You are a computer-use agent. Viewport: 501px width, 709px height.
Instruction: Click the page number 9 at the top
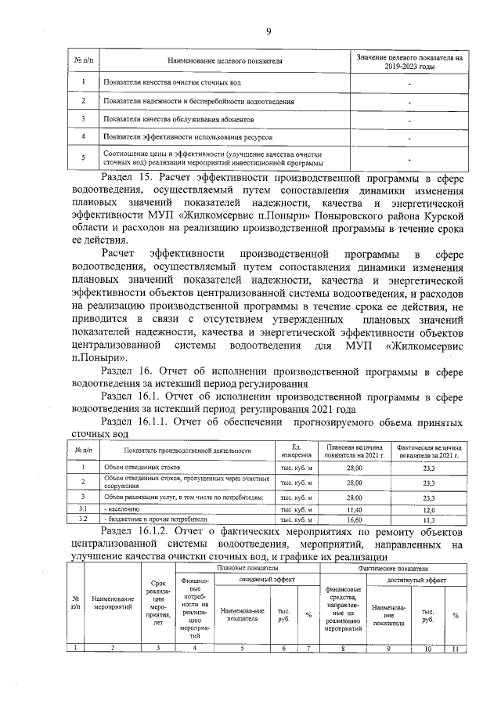point(268,31)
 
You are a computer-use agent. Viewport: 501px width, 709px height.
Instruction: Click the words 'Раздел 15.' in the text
point(128,178)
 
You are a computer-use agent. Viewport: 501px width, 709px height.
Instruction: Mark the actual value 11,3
point(428,519)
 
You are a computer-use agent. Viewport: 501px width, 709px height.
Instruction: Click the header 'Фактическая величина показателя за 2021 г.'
point(428,450)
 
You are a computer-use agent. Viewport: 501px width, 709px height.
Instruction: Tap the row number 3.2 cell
point(83,519)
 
